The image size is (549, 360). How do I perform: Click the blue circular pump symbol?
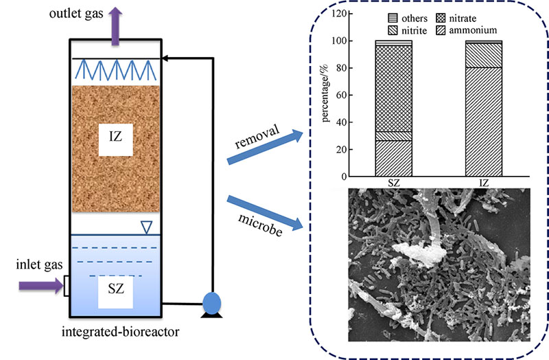click(x=213, y=303)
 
